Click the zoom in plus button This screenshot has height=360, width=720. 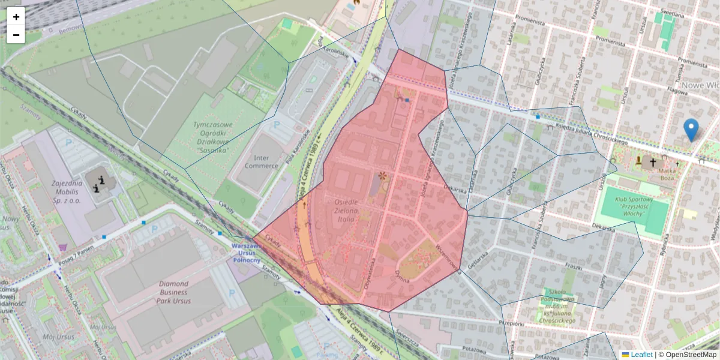(x=16, y=17)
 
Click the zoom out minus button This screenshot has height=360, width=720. (x=16, y=35)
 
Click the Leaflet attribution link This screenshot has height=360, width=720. (x=641, y=355)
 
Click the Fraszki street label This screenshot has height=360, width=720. (x=574, y=266)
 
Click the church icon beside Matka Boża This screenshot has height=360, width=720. (x=653, y=161)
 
